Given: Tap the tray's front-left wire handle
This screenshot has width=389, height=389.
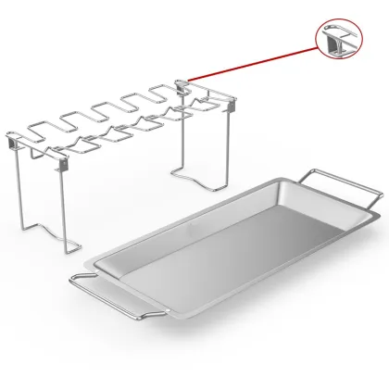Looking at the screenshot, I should click(101, 297).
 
